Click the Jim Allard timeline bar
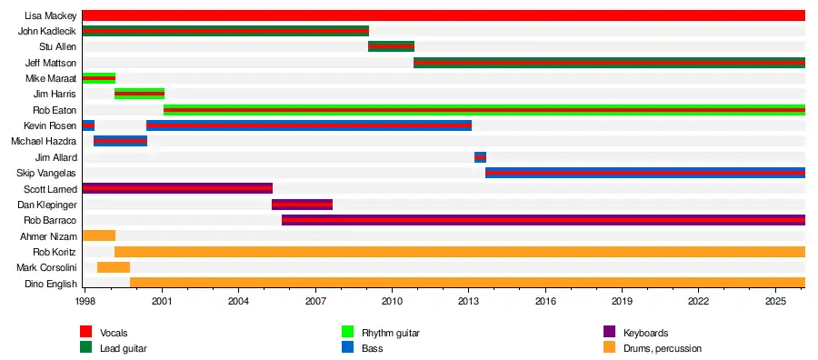tap(480, 157)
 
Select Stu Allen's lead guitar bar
tap(391, 46)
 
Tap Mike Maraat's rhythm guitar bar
tap(98, 78)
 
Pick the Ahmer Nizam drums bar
tap(98, 235)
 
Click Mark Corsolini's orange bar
tap(114, 267)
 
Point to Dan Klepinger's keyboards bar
tap(302, 205)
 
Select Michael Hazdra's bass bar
tap(120, 142)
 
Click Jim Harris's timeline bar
tap(139, 94)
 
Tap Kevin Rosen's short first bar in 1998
tap(88, 125)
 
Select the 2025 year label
tap(775, 302)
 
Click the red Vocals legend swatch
tap(85, 333)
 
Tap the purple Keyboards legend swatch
tap(609, 333)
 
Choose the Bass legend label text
tap(373, 348)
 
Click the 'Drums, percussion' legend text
tap(663, 348)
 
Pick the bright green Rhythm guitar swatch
tap(347, 333)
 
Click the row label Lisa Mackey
tap(51, 15)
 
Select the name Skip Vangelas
tap(46, 174)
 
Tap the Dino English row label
tap(51, 284)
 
